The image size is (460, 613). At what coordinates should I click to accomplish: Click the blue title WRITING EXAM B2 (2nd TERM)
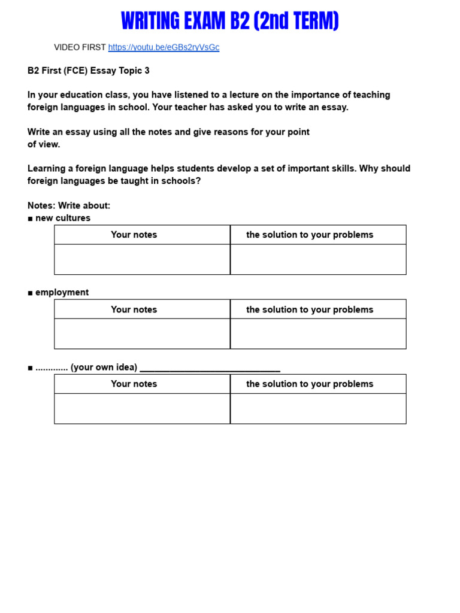[230, 22]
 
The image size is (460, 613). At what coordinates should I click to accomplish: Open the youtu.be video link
[164, 47]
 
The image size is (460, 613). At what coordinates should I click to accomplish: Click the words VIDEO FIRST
[80, 47]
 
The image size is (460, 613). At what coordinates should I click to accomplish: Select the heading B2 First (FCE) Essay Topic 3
[89, 71]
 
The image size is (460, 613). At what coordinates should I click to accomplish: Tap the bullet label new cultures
[62, 218]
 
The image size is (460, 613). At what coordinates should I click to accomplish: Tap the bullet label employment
[62, 292]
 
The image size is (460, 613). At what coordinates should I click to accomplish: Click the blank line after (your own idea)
[210, 368]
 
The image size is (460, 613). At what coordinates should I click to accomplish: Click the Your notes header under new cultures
[134, 235]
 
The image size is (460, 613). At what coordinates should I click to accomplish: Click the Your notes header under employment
[134, 309]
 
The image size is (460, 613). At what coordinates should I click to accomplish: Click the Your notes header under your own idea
[134, 384]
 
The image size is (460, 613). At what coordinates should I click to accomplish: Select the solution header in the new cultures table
[310, 235]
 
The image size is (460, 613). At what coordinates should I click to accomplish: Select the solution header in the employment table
[310, 309]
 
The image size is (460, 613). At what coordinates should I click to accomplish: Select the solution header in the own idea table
[310, 384]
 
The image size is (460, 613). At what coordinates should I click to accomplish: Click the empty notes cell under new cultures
[142, 259]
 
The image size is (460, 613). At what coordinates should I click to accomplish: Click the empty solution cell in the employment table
[318, 333]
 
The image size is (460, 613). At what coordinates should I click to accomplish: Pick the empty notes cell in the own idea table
[142, 408]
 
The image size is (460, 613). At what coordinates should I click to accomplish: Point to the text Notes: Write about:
[69, 205]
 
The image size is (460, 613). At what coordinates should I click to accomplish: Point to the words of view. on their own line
[44, 144]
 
